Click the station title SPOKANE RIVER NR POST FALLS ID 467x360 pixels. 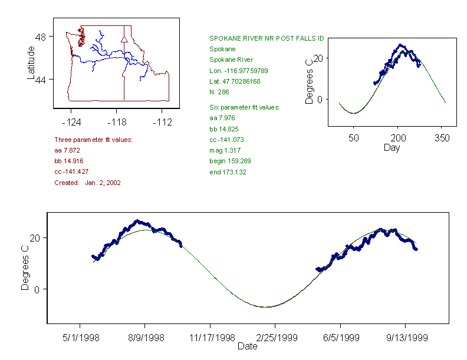[x=267, y=38]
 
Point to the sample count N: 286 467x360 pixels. [x=219, y=91]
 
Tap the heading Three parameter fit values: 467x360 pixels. [x=93, y=140]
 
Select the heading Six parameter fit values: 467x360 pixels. [x=244, y=107]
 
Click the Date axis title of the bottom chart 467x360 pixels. [x=247, y=346]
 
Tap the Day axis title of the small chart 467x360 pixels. [x=391, y=147]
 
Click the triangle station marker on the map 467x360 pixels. [x=124, y=39]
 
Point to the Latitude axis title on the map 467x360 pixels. [x=31, y=62]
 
